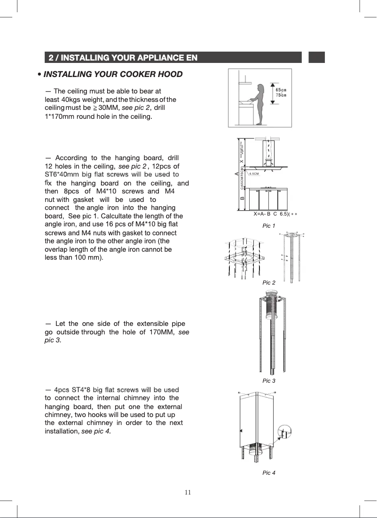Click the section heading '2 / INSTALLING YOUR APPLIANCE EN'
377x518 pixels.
[x=122, y=58]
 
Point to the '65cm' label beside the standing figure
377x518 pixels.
[x=281, y=89]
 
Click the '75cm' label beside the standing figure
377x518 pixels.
[x=281, y=95]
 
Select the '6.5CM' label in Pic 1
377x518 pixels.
[x=254, y=173]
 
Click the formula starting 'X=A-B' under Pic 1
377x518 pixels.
[x=275, y=214]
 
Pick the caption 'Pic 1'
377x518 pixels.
[x=268, y=226]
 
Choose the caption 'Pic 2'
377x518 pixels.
[x=268, y=282]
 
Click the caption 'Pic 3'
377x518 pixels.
[x=268, y=380]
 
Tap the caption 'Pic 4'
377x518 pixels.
[x=268, y=472]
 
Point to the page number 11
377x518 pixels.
[x=188, y=492]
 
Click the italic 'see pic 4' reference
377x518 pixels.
[x=96, y=432]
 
